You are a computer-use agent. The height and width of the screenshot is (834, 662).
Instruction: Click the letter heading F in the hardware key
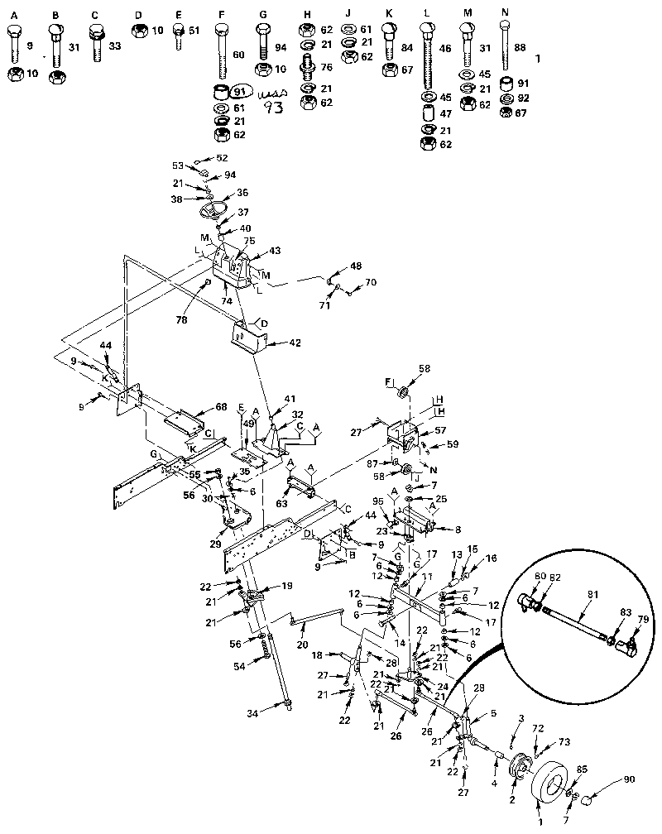(x=220, y=14)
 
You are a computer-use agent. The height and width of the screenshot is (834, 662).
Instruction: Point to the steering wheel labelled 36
(x=219, y=208)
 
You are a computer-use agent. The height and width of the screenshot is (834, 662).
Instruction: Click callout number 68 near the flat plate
(x=220, y=406)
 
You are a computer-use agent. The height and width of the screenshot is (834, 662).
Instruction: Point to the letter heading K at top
(x=389, y=14)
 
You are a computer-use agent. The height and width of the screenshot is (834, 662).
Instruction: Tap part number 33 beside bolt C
(x=114, y=46)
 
